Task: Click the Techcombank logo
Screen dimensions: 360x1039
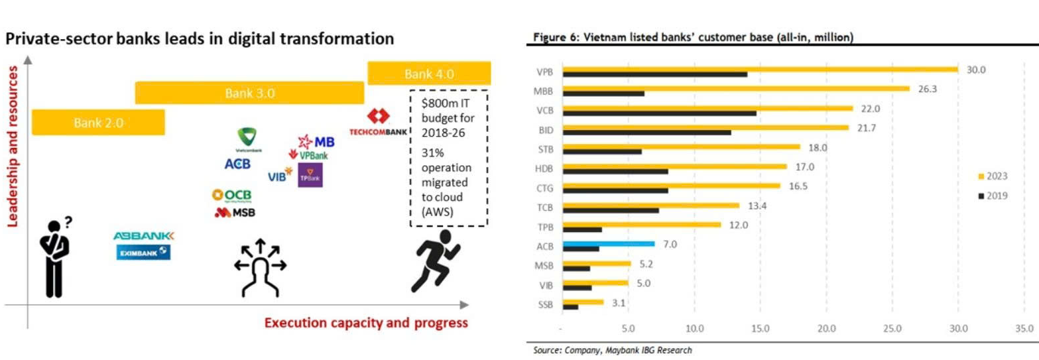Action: tap(378, 123)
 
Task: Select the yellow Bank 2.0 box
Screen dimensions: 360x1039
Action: tap(98, 122)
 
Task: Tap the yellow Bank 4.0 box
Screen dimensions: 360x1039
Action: tap(429, 74)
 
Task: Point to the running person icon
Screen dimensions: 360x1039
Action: tap(436, 261)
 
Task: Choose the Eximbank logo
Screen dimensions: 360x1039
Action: tap(143, 253)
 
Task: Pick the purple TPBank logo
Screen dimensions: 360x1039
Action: tap(310, 175)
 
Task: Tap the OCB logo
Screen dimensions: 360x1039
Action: tap(232, 194)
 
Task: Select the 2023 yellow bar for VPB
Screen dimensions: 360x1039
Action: tap(760, 68)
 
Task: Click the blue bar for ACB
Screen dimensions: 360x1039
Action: tap(608, 244)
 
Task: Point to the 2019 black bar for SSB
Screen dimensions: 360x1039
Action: tap(570, 307)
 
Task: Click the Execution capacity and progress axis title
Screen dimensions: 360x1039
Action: tap(366, 324)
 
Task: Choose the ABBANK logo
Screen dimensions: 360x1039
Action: tap(143, 236)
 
